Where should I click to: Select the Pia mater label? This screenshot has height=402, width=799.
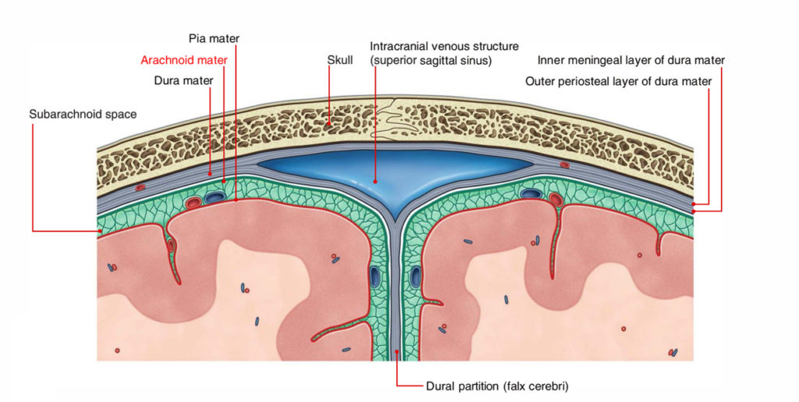click(214, 37)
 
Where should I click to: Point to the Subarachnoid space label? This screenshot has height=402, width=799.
click(83, 114)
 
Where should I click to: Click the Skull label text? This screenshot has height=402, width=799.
click(340, 59)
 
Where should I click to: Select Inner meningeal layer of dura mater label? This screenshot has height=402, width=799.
click(631, 60)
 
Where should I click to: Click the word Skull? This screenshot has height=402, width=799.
click(340, 59)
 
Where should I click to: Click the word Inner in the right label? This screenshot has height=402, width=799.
click(551, 60)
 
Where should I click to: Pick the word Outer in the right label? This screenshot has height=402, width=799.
click(541, 80)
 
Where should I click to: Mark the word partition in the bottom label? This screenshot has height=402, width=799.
click(476, 386)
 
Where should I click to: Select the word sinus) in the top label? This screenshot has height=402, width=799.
click(475, 60)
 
